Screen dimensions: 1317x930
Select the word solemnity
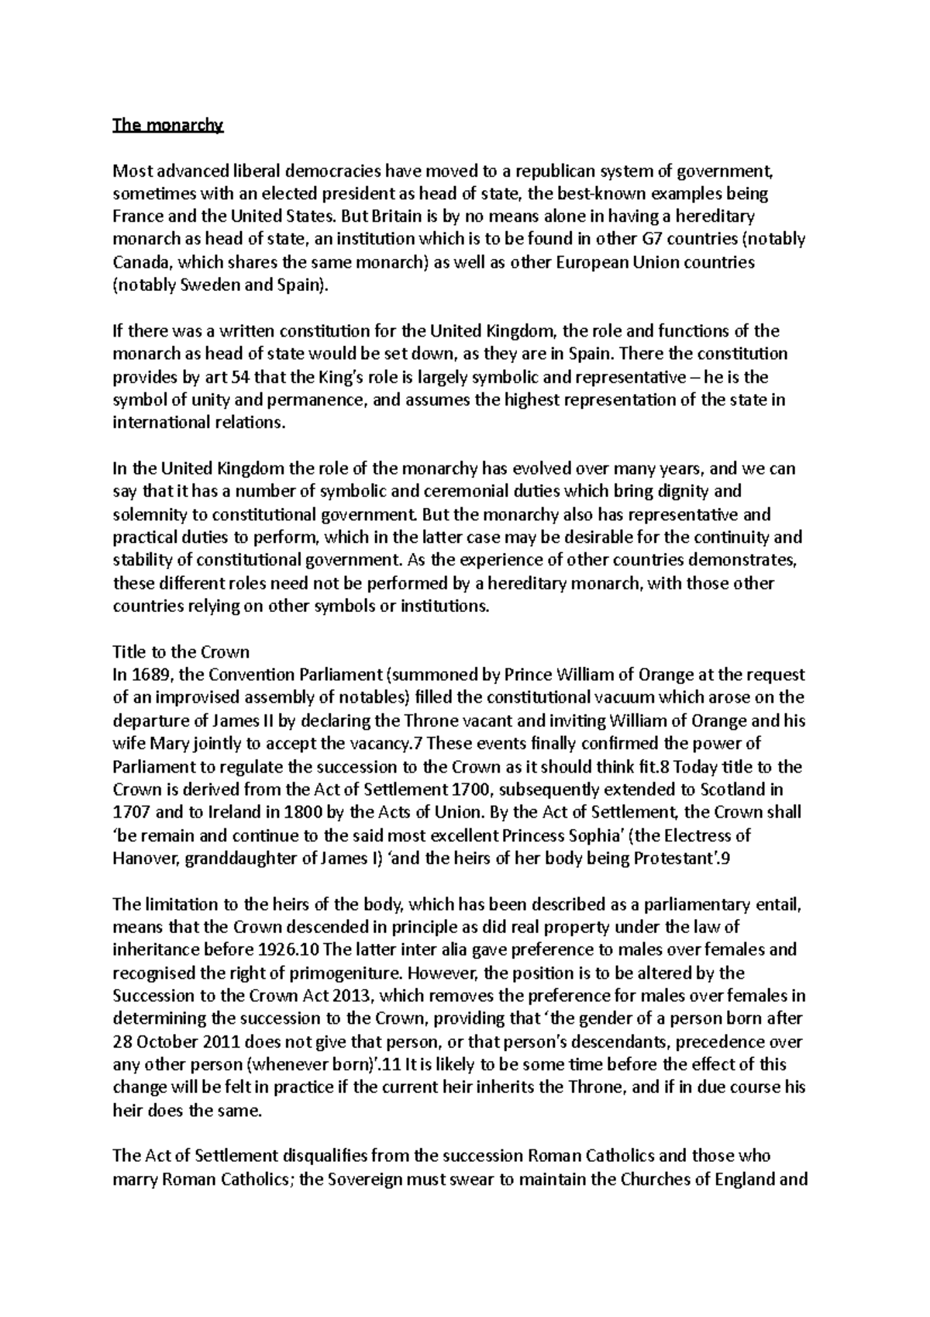(x=147, y=515)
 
